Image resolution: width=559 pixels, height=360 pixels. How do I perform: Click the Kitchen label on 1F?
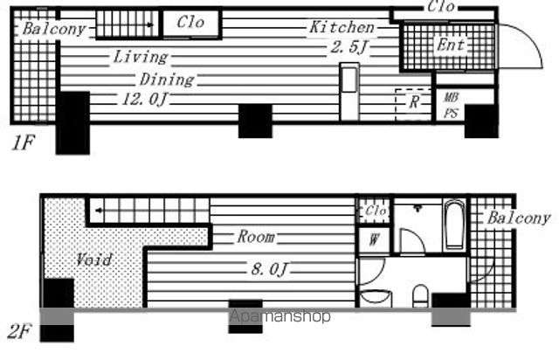(x=342, y=27)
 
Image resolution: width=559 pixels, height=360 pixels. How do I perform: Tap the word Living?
(x=141, y=57)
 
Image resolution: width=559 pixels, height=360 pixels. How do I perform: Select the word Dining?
(x=167, y=80)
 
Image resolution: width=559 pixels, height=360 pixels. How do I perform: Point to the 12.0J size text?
(x=144, y=100)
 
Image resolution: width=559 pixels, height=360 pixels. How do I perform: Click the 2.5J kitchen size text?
(x=349, y=46)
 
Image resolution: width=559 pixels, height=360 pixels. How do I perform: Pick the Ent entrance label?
(x=451, y=45)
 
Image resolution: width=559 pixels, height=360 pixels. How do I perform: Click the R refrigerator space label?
(x=413, y=102)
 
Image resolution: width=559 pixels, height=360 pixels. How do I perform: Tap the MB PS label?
(x=451, y=105)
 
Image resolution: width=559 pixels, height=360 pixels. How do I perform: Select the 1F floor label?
(x=23, y=143)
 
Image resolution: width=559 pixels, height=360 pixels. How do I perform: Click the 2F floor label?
(x=20, y=331)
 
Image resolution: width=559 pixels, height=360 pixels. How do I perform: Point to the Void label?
(x=94, y=260)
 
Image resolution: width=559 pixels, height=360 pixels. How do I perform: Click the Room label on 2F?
(x=256, y=237)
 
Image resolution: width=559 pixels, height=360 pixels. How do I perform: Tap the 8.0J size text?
(x=269, y=268)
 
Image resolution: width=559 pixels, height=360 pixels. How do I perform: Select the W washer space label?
(x=373, y=239)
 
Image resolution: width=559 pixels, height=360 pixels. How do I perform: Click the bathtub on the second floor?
(x=454, y=224)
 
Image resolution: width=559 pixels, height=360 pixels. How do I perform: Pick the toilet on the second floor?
(x=421, y=296)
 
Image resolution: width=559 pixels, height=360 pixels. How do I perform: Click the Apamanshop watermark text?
(x=279, y=316)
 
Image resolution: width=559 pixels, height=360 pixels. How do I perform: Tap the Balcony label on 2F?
(x=519, y=218)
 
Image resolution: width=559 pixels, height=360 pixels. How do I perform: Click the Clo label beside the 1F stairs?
(x=190, y=23)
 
